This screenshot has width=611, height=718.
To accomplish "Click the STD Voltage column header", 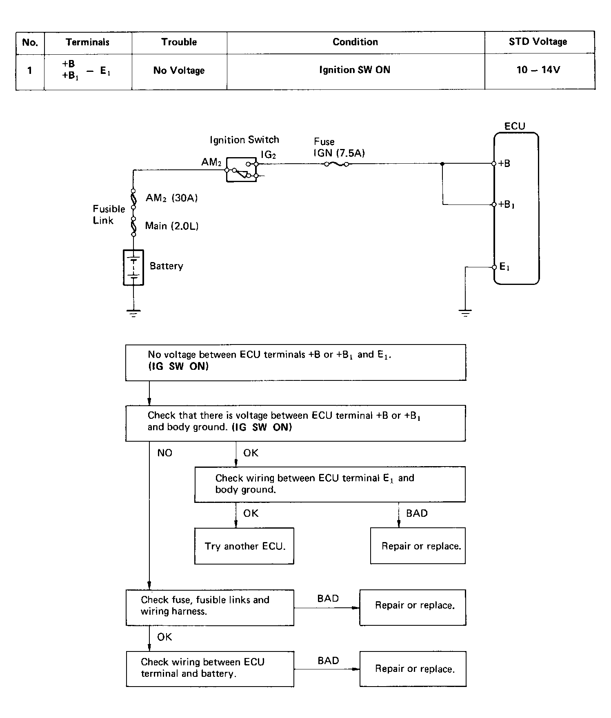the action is (x=538, y=42).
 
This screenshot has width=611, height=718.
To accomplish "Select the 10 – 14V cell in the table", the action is (x=538, y=70).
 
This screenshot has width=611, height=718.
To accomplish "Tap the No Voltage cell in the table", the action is (x=179, y=70).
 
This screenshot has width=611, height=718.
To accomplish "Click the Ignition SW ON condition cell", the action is (x=355, y=70).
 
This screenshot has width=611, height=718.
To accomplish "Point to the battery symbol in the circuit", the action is (x=133, y=267).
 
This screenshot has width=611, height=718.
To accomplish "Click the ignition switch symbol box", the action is (x=241, y=169).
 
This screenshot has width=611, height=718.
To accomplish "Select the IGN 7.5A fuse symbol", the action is (x=336, y=164).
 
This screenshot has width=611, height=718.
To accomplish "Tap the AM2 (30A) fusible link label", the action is (x=172, y=198).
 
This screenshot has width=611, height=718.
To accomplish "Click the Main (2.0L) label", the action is (x=172, y=226).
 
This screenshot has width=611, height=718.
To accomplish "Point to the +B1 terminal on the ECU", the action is (x=494, y=205).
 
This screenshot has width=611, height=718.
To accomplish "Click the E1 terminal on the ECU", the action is (x=494, y=267).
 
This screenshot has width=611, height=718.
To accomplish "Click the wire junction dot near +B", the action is (x=442, y=164).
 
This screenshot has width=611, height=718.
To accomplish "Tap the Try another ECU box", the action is (x=244, y=546).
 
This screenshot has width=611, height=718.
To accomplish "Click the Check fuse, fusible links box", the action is (x=210, y=607).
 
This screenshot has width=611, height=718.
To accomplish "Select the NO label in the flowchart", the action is (x=165, y=453).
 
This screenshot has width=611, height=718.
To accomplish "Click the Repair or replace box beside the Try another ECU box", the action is (x=418, y=546).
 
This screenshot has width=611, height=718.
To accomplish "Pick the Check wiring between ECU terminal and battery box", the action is (x=210, y=669).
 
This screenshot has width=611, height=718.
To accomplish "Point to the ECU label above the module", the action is (x=515, y=126).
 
